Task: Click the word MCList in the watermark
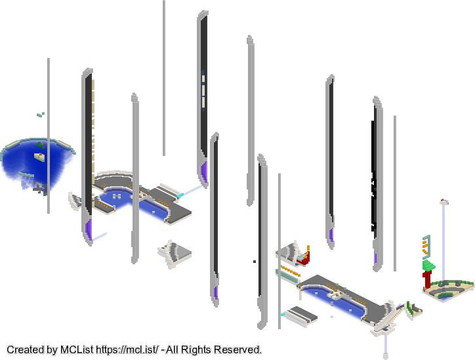tap(77, 350)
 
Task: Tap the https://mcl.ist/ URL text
tap(127, 350)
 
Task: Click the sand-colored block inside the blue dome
tap(39, 157)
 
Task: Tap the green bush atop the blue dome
tap(41, 145)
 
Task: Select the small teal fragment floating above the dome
tap(41, 115)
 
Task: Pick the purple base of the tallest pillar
tap(204, 171)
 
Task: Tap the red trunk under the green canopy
tap(428, 279)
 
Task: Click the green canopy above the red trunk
tap(428, 265)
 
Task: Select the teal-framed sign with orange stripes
tap(426, 247)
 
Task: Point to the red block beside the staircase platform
tap(305, 257)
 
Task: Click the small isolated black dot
tap(255, 261)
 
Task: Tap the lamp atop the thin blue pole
tap(444, 201)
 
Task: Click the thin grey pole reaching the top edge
tap(164, 78)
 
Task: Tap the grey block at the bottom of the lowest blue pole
tap(386, 355)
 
